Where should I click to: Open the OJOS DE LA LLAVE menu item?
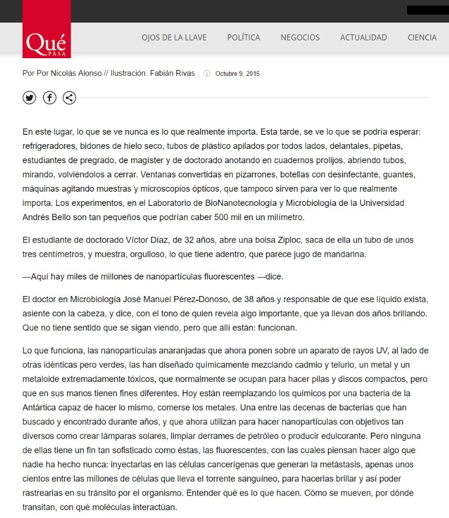coord(174,37)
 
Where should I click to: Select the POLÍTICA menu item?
coord(244,37)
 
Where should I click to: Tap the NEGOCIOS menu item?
coord(300,37)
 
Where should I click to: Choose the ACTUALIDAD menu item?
coord(363,37)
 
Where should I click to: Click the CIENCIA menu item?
coord(422,37)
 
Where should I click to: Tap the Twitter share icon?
coord(29,98)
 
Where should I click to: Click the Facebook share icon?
coord(49,98)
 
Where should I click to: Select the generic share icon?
coord(69,98)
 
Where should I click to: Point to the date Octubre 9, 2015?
coord(238,74)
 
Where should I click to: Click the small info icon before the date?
coord(207,74)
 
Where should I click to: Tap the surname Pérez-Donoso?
coord(207,297)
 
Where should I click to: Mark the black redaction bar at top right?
coord(427,10)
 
